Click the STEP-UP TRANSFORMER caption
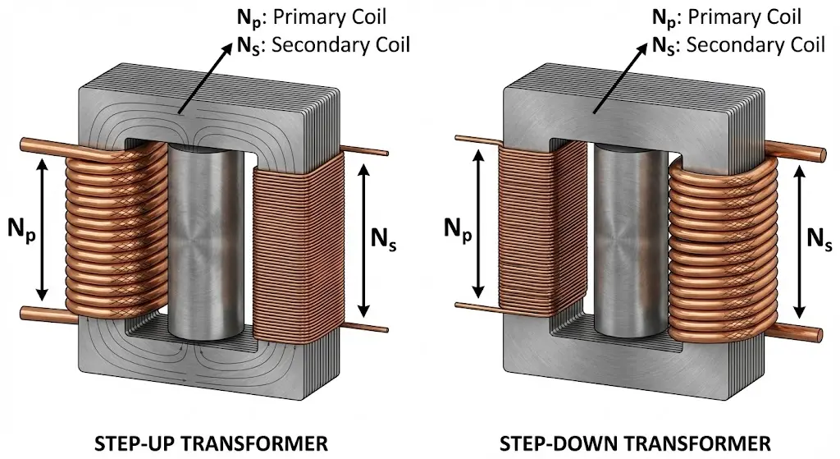tap(212, 444)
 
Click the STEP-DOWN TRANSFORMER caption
tap(635, 444)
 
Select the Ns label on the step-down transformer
tap(820, 237)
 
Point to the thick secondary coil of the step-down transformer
tap(722, 246)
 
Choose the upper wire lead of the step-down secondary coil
tap(800, 154)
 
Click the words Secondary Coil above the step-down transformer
tap(756, 44)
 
